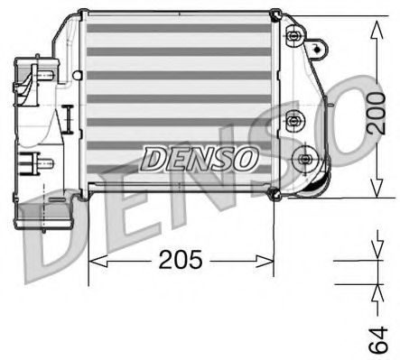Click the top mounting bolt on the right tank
[x=293, y=36]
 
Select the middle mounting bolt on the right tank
[x=292, y=119]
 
